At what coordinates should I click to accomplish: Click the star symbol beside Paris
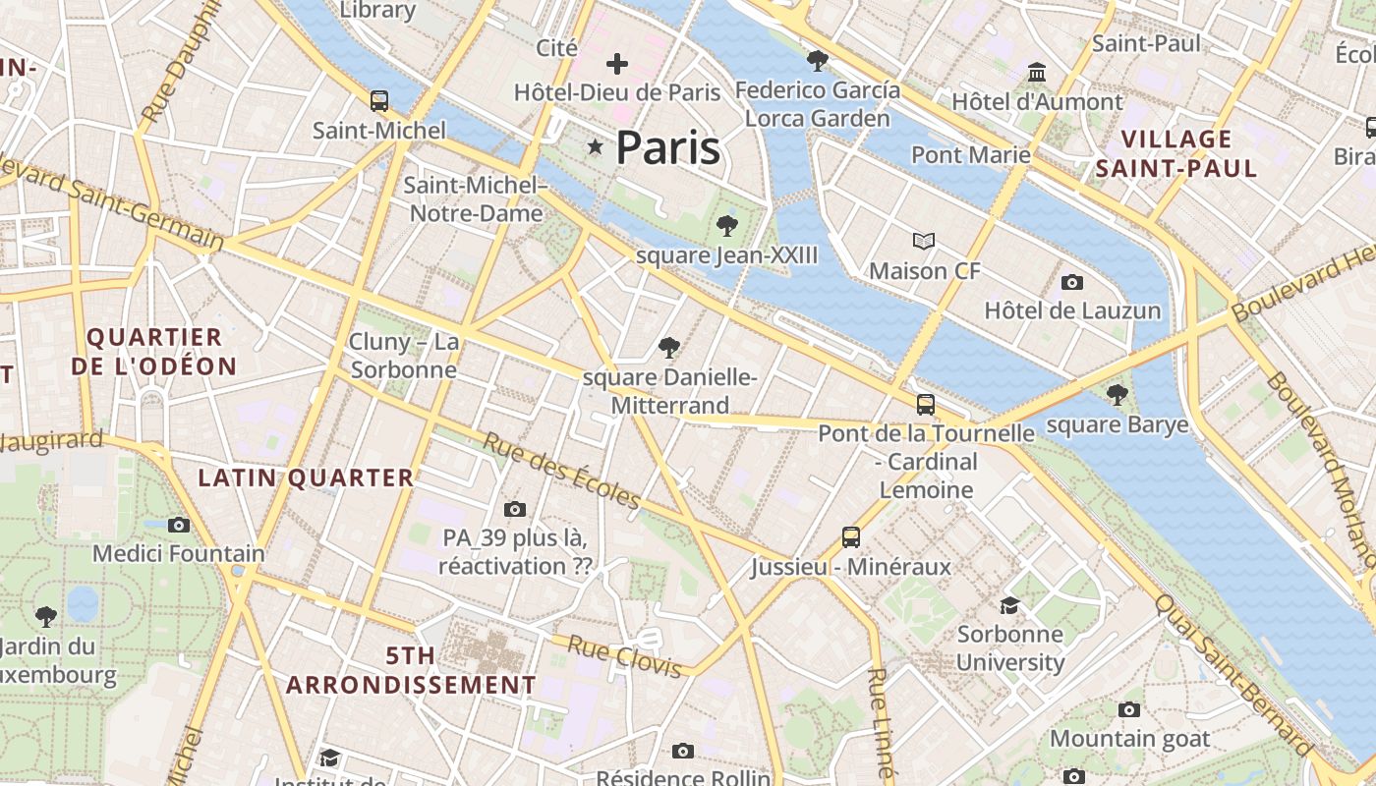point(595,147)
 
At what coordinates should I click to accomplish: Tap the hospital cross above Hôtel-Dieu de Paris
point(617,65)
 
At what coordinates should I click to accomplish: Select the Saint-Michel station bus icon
point(379,100)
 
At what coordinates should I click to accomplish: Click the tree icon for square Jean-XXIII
point(726,226)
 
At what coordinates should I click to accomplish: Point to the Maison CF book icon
point(924,241)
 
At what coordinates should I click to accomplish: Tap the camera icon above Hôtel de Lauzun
point(1072,283)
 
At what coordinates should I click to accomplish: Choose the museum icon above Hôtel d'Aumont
point(1037,73)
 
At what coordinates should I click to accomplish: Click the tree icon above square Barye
point(1117,395)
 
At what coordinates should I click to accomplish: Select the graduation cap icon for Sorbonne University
point(1009,605)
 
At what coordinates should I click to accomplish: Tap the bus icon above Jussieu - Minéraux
point(851,537)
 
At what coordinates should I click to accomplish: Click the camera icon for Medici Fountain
point(179,525)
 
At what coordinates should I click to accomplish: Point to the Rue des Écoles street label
point(561,471)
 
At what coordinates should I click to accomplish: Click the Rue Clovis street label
point(625,657)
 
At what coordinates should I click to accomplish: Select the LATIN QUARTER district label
point(306,478)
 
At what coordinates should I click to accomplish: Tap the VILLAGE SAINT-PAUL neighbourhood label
point(1176,153)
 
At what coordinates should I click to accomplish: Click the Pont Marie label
point(971,155)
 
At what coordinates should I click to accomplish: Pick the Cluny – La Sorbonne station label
point(404,356)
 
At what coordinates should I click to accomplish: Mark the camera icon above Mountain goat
point(1129,709)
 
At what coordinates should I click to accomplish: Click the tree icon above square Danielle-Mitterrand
point(669,347)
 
